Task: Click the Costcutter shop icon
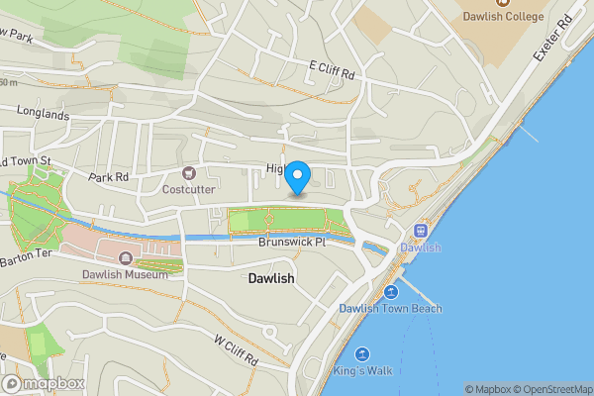(x=188, y=173)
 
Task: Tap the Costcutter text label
(x=190, y=189)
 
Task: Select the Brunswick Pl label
(x=291, y=242)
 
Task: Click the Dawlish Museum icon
(x=126, y=258)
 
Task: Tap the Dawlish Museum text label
(x=123, y=274)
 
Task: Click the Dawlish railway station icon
(x=421, y=231)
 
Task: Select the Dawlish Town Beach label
(x=390, y=309)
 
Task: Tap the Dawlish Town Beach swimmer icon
(x=391, y=292)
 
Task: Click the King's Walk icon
(x=361, y=354)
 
